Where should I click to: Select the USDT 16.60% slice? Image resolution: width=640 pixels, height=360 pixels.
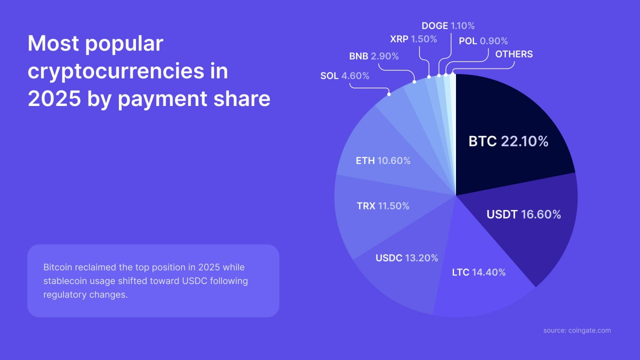[x=523, y=214]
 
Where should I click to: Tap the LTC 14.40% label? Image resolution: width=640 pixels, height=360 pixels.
[x=478, y=272]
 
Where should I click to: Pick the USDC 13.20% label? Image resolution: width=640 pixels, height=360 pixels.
[x=406, y=258]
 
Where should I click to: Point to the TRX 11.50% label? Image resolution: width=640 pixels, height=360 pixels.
[x=383, y=206]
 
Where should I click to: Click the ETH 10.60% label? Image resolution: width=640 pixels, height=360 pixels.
[x=383, y=161]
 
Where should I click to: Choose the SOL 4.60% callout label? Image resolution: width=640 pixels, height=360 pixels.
[x=344, y=76]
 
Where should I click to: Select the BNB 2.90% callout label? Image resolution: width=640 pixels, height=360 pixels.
[x=373, y=56]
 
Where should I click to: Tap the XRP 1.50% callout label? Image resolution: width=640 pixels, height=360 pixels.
[x=413, y=38]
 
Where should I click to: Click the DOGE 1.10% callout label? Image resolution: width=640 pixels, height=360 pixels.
[x=448, y=25]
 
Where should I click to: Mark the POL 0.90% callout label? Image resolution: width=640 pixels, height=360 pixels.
[x=483, y=41]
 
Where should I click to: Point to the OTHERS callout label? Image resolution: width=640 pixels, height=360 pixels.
[x=513, y=54]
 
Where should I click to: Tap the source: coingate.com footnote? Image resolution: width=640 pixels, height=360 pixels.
[x=577, y=330]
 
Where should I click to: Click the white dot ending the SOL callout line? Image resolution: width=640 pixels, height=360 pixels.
[x=388, y=93]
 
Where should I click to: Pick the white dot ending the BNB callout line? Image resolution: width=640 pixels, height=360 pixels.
[x=414, y=81]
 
